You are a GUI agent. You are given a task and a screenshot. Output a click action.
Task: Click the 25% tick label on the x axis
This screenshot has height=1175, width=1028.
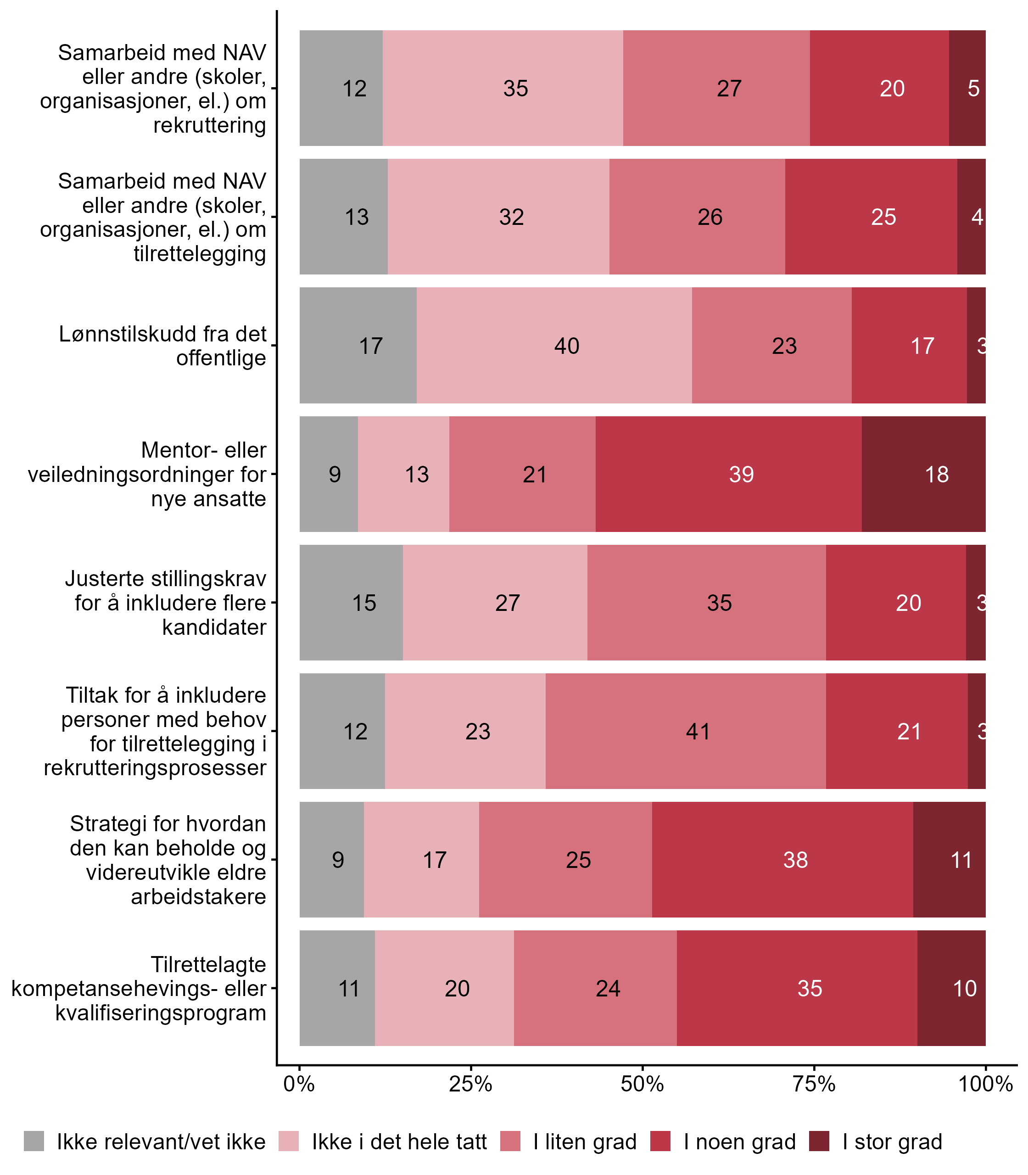point(470,1084)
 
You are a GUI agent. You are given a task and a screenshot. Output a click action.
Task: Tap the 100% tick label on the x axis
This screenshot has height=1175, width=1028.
point(986,1084)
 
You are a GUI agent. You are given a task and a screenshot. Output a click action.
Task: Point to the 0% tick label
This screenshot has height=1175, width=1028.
point(299,1084)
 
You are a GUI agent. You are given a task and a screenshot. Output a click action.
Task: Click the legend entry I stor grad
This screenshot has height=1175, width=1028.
point(892,1142)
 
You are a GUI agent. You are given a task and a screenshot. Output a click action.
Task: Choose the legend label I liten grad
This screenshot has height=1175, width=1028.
point(585,1142)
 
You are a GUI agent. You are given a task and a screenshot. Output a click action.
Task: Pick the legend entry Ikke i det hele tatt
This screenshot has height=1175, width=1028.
point(399,1142)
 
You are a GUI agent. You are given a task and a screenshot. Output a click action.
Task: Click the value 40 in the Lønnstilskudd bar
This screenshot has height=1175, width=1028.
point(567,346)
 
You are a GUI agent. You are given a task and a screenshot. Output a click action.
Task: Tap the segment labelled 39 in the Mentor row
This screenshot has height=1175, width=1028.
point(741,475)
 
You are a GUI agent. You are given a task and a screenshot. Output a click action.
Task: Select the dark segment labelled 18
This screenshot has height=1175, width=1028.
point(936,475)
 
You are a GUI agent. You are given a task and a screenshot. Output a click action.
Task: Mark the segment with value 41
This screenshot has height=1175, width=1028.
point(698,732)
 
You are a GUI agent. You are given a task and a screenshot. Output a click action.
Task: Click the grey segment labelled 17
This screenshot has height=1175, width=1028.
point(371,346)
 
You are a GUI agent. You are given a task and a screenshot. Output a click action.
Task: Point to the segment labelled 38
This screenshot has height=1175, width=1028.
point(795,860)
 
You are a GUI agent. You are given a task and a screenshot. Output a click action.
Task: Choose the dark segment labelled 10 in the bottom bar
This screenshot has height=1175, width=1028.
point(964,989)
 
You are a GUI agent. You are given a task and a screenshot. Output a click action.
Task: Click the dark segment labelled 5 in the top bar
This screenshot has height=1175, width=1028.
point(973,88)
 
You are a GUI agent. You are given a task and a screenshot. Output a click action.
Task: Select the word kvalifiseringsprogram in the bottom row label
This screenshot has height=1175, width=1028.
point(161,1013)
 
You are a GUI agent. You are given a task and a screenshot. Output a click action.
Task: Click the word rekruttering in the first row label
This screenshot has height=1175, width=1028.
point(209,125)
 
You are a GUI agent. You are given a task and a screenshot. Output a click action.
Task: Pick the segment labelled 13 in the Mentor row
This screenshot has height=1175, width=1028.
point(417,475)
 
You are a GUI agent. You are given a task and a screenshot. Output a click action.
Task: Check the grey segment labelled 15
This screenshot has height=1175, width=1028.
point(363,603)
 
